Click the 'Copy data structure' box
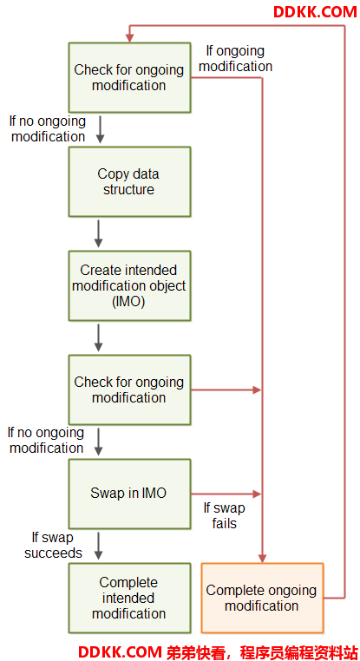[129, 181]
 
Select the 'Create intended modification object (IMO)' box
[129, 285]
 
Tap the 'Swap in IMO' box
[129, 494]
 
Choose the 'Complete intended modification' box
[129, 599]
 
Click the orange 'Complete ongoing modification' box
[262, 599]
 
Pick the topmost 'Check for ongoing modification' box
[129, 77]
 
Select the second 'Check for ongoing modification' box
[129, 390]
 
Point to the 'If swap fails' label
[225, 515]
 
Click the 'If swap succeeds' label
[53, 545]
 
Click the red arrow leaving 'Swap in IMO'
[226, 494]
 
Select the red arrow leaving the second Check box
[226, 390]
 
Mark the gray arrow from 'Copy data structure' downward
[99, 233]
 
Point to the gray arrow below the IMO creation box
[99, 337]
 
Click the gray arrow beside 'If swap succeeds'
[99, 546]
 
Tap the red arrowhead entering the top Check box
[129, 38]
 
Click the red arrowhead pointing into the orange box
[262, 559]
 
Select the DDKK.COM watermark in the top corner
[315, 12]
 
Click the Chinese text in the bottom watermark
[262, 651]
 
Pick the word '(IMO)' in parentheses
[129, 302]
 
